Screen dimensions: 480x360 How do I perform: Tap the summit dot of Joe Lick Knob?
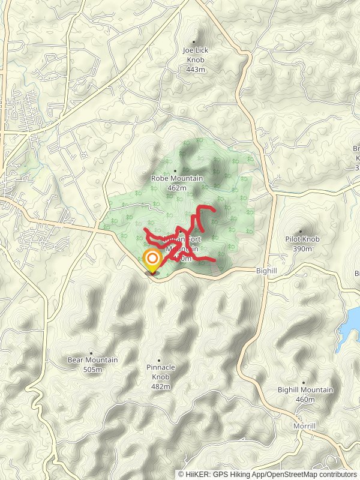click(x=194, y=42)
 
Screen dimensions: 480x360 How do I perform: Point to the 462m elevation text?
click(x=177, y=188)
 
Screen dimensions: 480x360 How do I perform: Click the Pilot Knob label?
click(x=302, y=239)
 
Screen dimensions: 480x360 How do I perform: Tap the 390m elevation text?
click(x=302, y=248)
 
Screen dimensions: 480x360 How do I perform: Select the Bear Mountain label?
click(x=92, y=360)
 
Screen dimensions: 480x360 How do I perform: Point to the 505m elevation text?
click(x=93, y=370)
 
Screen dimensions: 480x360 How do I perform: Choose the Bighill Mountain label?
click(x=305, y=390)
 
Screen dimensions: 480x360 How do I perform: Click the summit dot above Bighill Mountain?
click(x=303, y=382)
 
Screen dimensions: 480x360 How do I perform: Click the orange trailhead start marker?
click(x=152, y=260)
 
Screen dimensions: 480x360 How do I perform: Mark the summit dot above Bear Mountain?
click(x=91, y=353)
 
